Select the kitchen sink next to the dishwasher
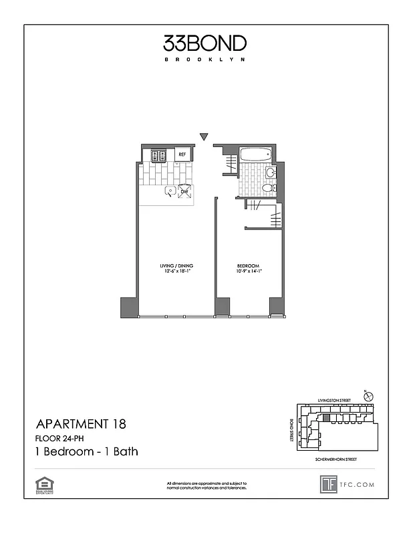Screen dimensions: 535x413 click(170, 191)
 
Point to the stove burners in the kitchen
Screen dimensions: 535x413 click(158, 156)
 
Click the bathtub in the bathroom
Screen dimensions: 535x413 click(255, 155)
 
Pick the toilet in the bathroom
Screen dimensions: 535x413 click(267, 188)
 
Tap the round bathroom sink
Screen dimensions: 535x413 click(269, 173)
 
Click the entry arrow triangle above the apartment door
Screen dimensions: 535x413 click(204, 138)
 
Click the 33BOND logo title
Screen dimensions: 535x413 click(205, 44)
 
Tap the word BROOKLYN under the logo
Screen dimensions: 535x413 click(205, 60)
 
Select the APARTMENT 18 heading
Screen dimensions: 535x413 click(80, 423)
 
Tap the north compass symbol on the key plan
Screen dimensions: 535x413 click(368, 397)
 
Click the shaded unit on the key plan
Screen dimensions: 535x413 click(326, 418)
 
